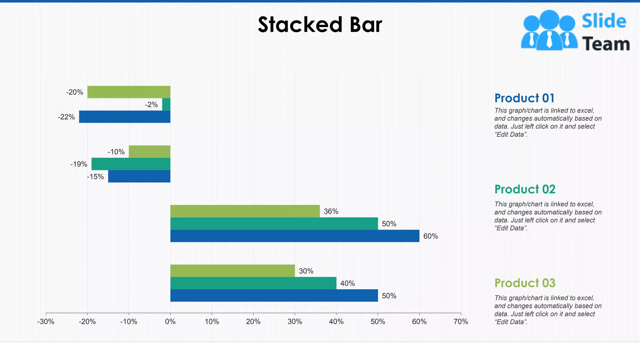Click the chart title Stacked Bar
pyautogui.click(x=320, y=25)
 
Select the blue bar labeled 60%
pyautogui.click(x=295, y=236)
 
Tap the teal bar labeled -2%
pyautogui.click(x=166, y=104)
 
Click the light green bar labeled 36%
pyautogui.click(x=245, y=211)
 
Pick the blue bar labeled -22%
pyautogui.click(x=125, y=117)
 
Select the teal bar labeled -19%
pyautogui.click(x=131, y=164)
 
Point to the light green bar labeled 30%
pyautogui.click(x=232, y=271)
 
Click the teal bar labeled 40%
pyautogui.click(x=253, y=283)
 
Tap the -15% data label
pyautogui.click(x=95, y=177)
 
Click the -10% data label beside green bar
pyautogui.click(x=116, y=152)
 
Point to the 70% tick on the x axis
pyautogui.click(x=461, y=322)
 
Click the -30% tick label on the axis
pyautogui.click(x=46, y=322)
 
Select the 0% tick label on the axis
pyautogui.click(x=170, y=322)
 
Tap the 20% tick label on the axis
pyautogui.click(x=253, y=322)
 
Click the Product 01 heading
pyautogui.click(x=524, y=98)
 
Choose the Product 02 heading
pyautogui.click(x=525, y=189)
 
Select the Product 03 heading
pyautogui.click(x=525, y=283)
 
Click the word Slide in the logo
pyautogui.click(x=604, y=21)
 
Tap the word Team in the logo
pyautogui.click(x=606, y=44)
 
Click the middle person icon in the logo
pyautogui.click(x=549, y=30)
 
